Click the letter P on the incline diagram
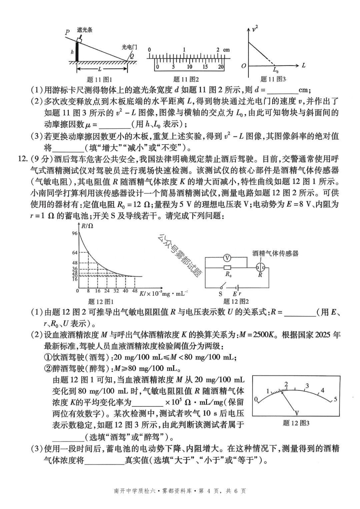(x=67, y=32)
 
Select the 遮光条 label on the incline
(x=85, y=30)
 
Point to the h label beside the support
(x=72, y=52)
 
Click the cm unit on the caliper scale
(x=226, y=50)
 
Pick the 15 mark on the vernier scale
(x=205, y=67)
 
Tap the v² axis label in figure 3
(x=255, y=29)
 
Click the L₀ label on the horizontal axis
(x=276, y=70)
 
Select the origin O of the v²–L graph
(x=244, y=66)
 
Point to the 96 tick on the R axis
(x=74, y=233)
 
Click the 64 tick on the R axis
(x=75, y=253)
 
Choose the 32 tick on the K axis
(x=116, y=291)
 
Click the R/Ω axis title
(x=87, y=226)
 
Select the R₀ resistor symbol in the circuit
(x=228, y=268)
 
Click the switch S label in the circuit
(x=220, y=294)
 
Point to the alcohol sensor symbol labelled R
(x=260, y=268)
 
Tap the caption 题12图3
(x=296, y=423)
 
